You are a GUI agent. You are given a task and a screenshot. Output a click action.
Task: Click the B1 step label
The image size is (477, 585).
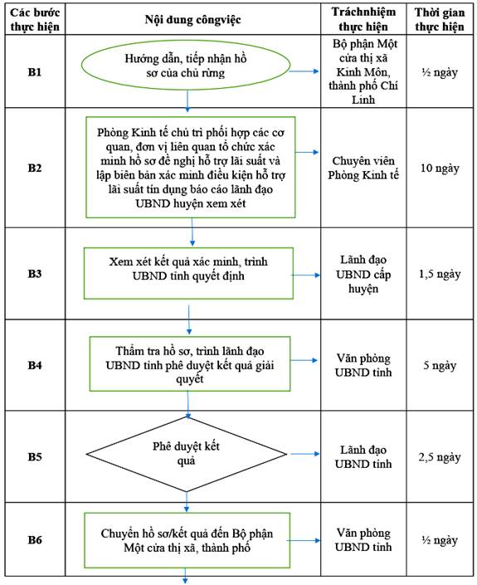[x=35, y=71]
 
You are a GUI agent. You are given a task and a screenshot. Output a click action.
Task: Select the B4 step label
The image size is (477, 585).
[x=35, y=365]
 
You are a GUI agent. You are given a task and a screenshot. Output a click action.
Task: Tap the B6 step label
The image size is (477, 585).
[x=35, y=539]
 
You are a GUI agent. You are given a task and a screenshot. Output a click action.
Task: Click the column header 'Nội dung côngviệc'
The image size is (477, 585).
[x=192, y=19]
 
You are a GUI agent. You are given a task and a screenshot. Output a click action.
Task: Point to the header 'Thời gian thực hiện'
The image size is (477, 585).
[x=440, y=19]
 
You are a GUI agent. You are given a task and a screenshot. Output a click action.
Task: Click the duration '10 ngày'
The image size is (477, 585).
[x=440, y=168]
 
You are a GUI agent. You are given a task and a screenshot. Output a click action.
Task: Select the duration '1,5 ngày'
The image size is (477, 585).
[x=440, y=274]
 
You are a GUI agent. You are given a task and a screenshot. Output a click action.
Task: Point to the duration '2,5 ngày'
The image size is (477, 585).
[x=440, y=457]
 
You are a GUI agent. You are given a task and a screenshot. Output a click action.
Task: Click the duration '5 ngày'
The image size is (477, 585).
[x=440, y=365]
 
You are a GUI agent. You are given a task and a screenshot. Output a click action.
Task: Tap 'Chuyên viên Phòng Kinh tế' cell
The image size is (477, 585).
[x=363, y=168]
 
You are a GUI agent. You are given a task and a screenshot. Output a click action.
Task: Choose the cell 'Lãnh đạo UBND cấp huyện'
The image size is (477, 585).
[x=363, y=274]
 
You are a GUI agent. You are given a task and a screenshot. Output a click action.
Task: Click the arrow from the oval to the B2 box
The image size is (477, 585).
[x=187, y=101]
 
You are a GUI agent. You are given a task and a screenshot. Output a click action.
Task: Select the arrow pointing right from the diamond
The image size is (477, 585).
[x=305, y=454]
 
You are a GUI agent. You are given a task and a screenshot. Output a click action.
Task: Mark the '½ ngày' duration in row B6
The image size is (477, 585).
[x=440, y=540]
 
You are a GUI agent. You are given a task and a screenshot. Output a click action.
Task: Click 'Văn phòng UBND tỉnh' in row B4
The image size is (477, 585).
[x=363, y=365]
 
